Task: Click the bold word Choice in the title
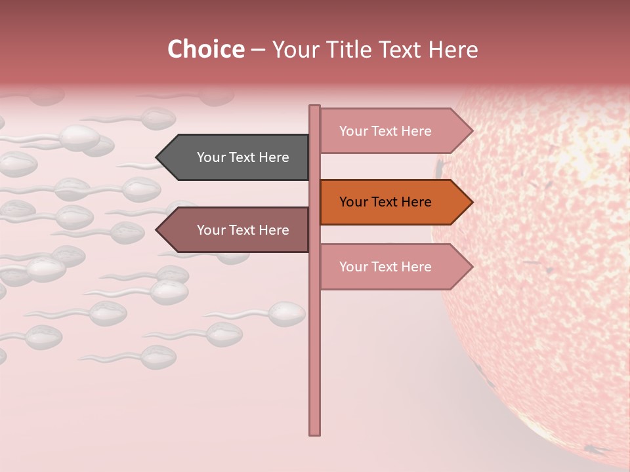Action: tap(205, 50)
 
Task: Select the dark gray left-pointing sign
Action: tap(236, 157)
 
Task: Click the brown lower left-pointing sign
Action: tap(236, 230)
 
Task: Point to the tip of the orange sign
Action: tap(471, 202)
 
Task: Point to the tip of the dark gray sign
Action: tap(157, 157)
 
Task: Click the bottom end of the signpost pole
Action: tap(315, 433)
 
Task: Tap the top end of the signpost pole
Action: tap(315, 107)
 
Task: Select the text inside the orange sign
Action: tap(385, 202)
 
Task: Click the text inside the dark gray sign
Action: tap(243, 157)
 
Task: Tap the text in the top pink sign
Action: tap(385, 131)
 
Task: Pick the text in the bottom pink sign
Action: tap(385, 267)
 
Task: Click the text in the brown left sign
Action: tap(243, 230)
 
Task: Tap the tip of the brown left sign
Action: tap(157, 230)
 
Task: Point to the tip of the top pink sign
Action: tap(471, 131)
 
